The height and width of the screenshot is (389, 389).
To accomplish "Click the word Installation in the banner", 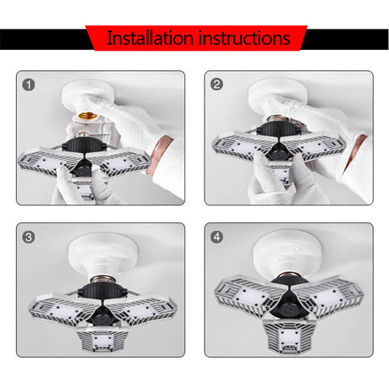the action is click(150, 38).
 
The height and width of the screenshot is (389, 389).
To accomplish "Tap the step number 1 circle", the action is click(29, 85).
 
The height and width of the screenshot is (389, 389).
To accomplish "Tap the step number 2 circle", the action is click(216, 85).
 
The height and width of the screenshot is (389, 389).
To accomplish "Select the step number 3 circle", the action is click(29, 237).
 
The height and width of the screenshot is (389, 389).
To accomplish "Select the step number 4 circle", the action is click(216, 237).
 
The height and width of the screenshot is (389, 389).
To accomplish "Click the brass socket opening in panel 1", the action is click(87, 116).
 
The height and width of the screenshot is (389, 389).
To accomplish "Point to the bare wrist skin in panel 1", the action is click(158, 155).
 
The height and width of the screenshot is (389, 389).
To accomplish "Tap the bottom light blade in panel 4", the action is click(289, 336).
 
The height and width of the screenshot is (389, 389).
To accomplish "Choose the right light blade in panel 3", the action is click(141, 310).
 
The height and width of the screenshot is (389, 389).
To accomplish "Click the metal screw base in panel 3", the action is click(103, 280).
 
